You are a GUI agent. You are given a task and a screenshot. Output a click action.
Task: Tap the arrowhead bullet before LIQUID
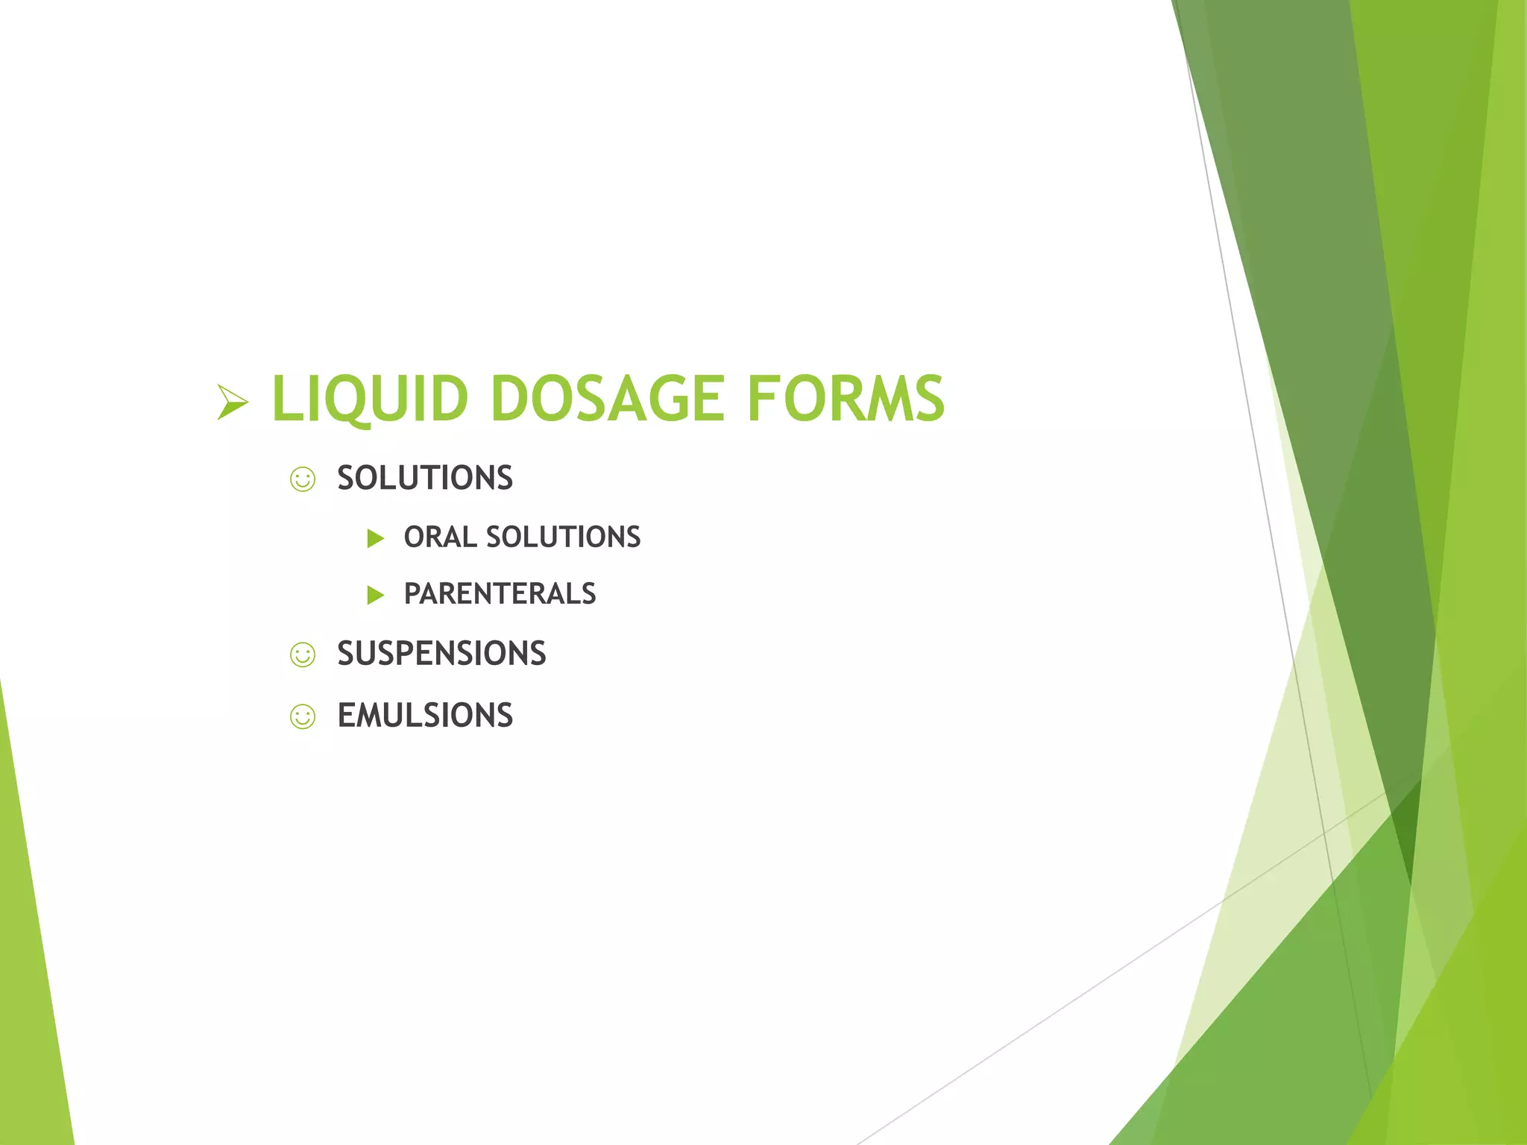[x=232, y=402]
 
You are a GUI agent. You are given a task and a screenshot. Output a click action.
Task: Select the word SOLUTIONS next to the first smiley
[x=424, y=478]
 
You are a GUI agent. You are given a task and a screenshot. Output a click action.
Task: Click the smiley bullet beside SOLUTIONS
[x=303, y=479]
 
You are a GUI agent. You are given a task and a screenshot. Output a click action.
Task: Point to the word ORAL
[x=439, y=537]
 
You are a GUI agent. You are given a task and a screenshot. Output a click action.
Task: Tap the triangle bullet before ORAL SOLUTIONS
[x=376, y=538]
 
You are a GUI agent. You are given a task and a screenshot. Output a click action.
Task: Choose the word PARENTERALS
[x=500, y=594]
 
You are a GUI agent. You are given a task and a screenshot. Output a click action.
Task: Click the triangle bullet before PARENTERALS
[x=376, y=595]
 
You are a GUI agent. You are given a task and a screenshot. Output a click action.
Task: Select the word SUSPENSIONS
[x=441, y=654]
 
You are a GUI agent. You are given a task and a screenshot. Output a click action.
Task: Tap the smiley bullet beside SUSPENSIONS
[x=303, y=655]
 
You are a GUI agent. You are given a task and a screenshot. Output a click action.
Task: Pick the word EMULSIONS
[x=424, y=716]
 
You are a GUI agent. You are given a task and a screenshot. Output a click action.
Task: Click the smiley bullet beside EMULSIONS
[x=303, y=717]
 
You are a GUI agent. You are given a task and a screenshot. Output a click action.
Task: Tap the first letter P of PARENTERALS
[x=412, y=594]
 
